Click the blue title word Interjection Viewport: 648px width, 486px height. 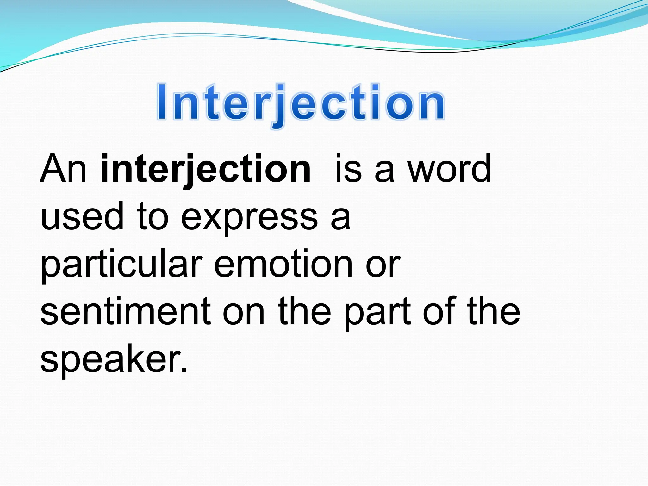coord(301,103)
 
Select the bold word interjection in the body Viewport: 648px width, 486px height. coord(206,169)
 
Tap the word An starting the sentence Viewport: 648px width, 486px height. coord(63,169)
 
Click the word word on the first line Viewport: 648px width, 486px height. coord(449,169)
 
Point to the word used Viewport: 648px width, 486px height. coord(82,217)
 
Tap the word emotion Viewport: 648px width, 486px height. coord(283,264)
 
